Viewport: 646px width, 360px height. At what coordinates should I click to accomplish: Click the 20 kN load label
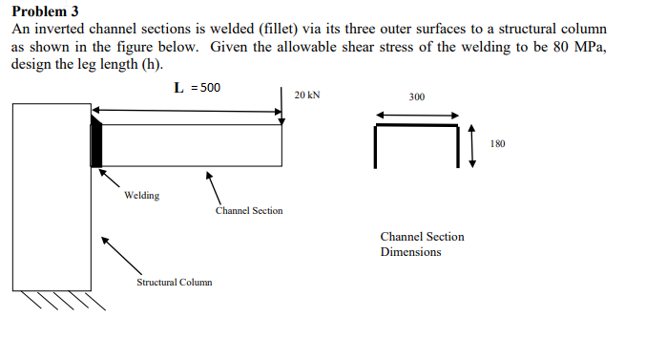(x=307, y=95)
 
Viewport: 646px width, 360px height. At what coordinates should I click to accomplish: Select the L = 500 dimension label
(x=198, y=88)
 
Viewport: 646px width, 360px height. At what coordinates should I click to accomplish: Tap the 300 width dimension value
(x=417, y=97)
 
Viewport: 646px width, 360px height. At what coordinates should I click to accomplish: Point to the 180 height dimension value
(x=497, y=144)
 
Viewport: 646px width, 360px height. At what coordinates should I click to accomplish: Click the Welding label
(x=141, y=196)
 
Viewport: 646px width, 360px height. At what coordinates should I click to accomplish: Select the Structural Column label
(x=175, y=282)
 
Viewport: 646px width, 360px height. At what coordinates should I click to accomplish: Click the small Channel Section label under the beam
(x=248, y=210)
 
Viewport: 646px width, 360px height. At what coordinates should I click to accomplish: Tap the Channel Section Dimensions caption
(x=422, y=244)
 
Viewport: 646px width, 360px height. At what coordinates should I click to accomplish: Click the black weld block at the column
(x=96, y=143)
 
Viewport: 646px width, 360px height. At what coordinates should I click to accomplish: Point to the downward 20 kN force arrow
(x=282, y=105)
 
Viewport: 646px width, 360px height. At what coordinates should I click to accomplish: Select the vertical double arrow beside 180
(x=471, y=144)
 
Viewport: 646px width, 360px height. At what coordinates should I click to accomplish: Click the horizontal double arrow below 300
(x=417, y=116)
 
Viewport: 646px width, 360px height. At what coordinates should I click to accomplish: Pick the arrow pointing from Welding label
(x=111, y=179)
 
